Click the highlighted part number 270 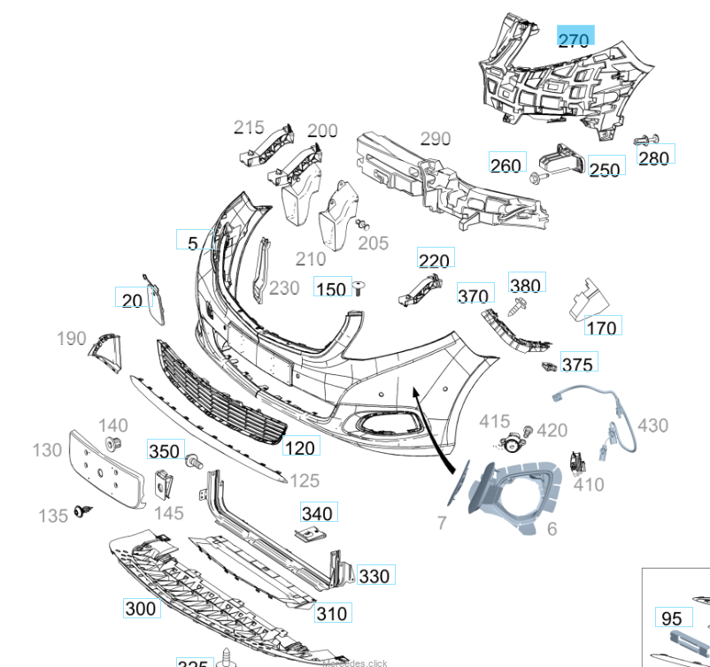pyautogui.click(x=574, y=39)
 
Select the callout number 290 pyautogui.click(x=435, y=139)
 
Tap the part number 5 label pyautogui.click(x=193, y=242)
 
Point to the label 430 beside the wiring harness pyautogui.click(x=652, y=425)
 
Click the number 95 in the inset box pyautogui.click(x=671, y=618)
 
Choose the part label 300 pyautogui.click(x=140, y=608)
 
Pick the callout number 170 pyautogui.click(x=601, y=328)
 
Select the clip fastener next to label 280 pyautogui.click(x=644, y=140)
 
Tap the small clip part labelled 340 pyautogui.click(x=309, y=533)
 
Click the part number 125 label pyautogui.click(x=305, y=480)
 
